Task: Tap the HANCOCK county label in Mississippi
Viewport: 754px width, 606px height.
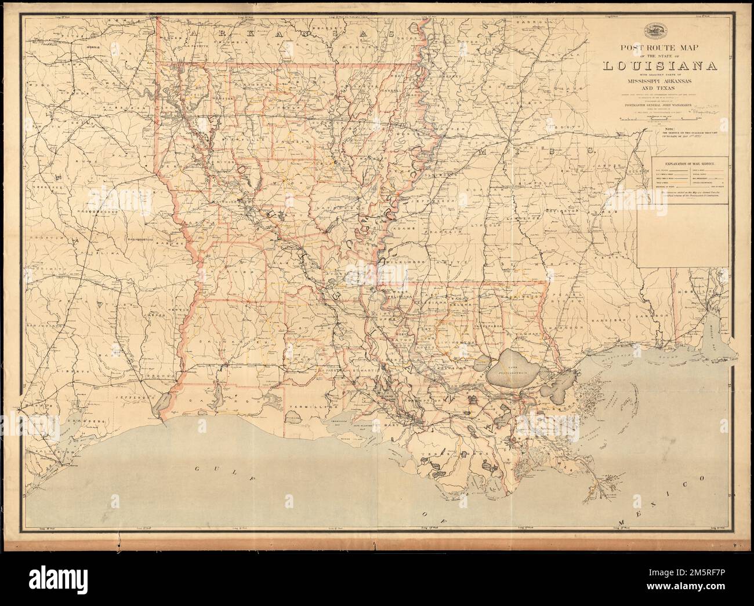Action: [576, 344]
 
